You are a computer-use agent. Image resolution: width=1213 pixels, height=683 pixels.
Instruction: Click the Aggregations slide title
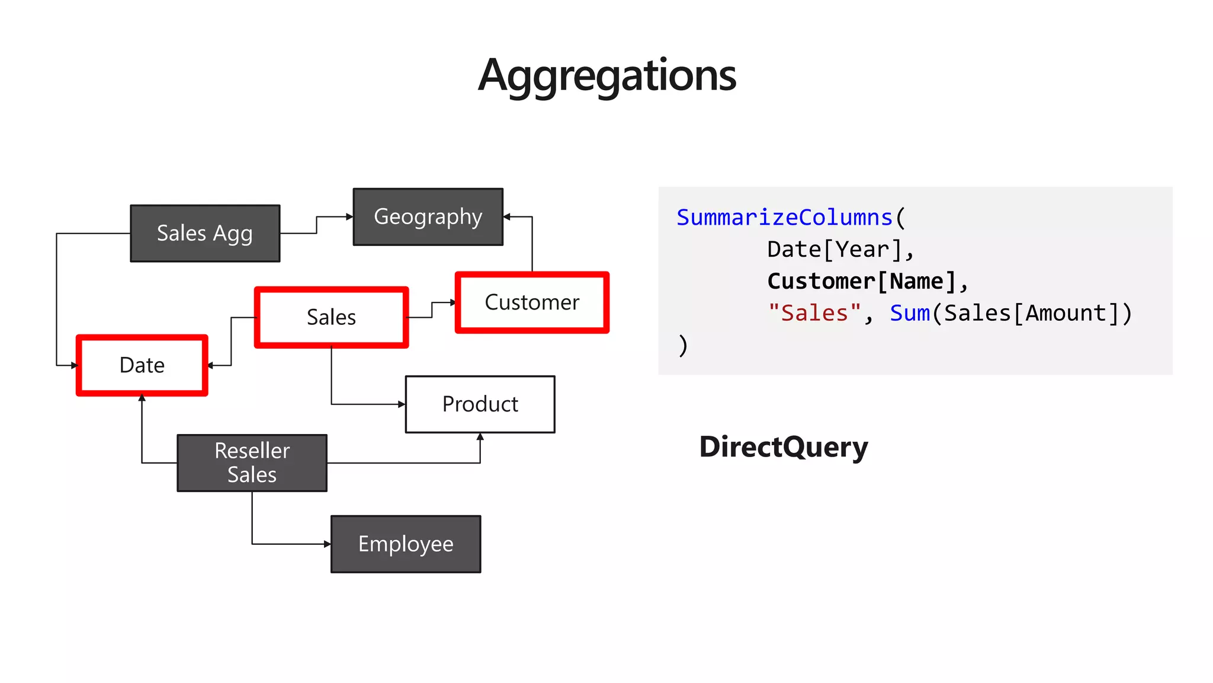[606, 75]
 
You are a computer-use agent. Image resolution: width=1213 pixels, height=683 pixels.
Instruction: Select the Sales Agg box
[205, 234]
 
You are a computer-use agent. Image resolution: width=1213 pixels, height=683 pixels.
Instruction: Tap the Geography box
[428, 217]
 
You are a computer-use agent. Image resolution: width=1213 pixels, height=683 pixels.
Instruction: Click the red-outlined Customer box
[532, 302]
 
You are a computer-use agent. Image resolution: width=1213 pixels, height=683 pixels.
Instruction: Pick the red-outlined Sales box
[331, 317]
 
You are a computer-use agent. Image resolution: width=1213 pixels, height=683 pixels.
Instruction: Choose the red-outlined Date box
[142, 365]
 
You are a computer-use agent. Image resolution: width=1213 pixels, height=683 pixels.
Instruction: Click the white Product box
[480, 404]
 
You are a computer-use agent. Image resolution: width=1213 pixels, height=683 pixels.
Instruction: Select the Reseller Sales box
[252, 463]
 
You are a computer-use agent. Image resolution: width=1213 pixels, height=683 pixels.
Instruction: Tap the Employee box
[406, 544]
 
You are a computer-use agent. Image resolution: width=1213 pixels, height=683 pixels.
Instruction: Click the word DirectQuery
[783, 447]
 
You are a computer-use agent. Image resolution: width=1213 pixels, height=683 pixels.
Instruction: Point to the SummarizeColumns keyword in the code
[784, 218]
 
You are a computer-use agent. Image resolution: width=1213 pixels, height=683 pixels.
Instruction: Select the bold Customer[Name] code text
[862, 281]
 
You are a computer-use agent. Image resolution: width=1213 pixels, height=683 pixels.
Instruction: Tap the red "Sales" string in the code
[814, 313]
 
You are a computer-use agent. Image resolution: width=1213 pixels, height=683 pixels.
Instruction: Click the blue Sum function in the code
[909, 313]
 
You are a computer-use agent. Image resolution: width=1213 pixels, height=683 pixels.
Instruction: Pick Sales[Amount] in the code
[1031, 313]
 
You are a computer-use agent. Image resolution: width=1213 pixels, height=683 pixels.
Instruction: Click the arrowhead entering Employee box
[328, 544]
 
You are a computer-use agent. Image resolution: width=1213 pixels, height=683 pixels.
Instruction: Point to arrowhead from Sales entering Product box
[402, 404]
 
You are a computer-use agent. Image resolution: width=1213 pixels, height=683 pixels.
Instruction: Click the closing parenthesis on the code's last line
[683, 345]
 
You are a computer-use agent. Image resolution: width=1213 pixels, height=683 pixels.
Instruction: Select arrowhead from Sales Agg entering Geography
[349, 217]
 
